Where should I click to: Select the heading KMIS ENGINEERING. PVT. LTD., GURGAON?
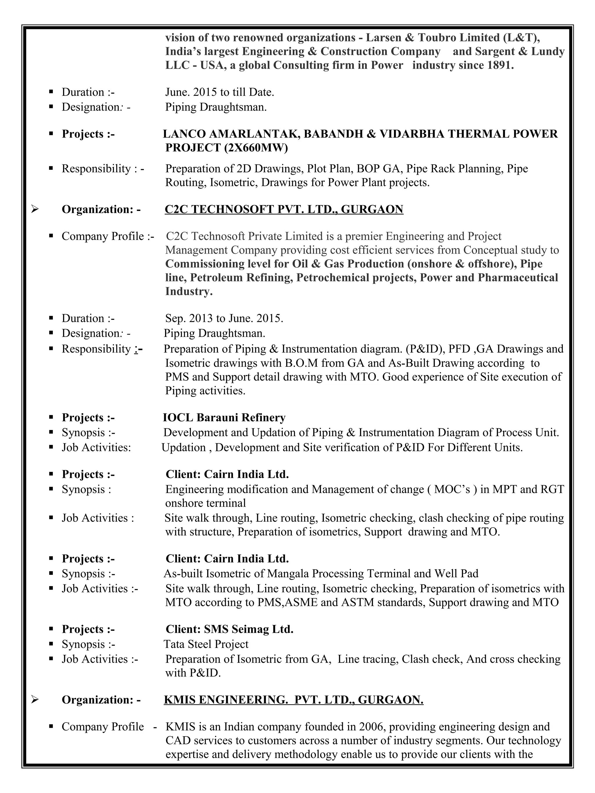[293, 700]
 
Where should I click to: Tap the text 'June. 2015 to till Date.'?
[220, 92]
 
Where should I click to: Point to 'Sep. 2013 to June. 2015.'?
[224, 318]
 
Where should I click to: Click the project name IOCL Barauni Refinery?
[224, 417]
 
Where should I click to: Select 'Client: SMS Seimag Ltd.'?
[229, 629]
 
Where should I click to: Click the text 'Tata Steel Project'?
[206, 644]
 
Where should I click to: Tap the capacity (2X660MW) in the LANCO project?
[255, 147]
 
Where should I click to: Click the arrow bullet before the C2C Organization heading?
[35, 209]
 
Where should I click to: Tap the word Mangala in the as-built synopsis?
[288, 573]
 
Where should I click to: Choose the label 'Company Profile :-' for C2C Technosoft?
[108, 236]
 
